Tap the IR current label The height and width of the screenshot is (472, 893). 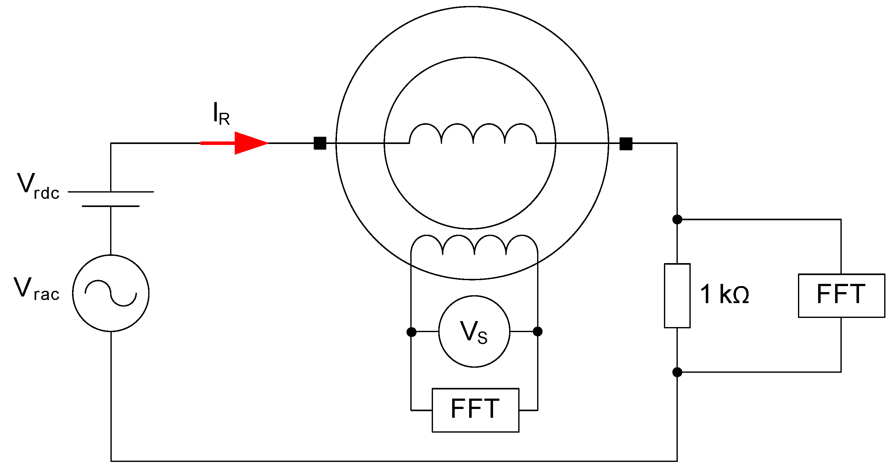coord(221,114)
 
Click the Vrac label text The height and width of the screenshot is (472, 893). coord(37,289)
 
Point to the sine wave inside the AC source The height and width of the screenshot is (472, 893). coord(110,293)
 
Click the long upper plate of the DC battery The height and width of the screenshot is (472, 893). coord(110,192)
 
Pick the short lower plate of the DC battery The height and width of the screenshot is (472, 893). coord(110,206)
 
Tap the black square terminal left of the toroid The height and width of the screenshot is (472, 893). coord(320,143)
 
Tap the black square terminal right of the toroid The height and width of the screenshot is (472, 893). coord(626,144)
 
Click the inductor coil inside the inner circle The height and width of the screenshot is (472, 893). coord(473,134)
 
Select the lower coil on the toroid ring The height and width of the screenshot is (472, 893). coord(474,245)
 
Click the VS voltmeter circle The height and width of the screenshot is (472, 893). coord(474,331)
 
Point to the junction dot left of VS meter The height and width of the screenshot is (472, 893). coord(411,332)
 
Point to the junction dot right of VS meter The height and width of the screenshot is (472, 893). coord(537,331)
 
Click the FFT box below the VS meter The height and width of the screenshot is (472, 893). coord(475,410)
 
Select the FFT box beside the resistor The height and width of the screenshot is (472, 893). coord(841,295)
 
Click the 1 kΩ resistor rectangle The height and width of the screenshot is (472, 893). coord(677,295)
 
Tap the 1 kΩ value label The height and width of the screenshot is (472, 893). coord(725,294)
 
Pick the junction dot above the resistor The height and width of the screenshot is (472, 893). coord(677,219)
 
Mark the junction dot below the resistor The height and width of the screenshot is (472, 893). coord(677,372)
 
